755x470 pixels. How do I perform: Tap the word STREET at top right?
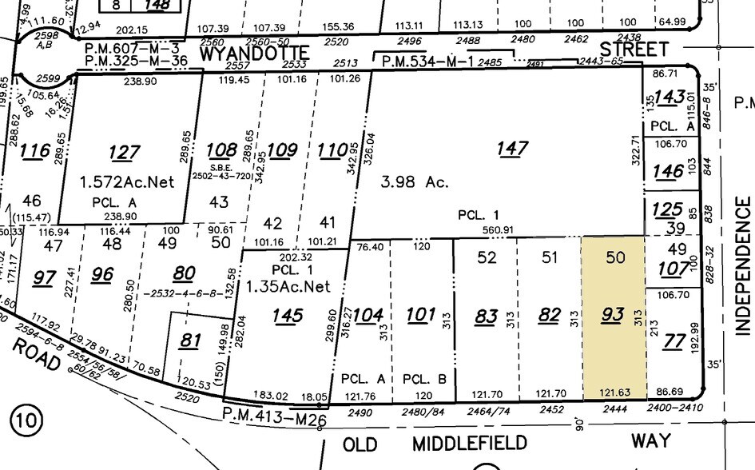coord(633,50)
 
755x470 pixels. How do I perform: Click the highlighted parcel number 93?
coord(612,316)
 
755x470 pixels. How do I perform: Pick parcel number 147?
coord(512,148)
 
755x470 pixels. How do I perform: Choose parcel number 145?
coord(287,316)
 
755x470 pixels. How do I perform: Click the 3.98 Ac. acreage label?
coord(414,182)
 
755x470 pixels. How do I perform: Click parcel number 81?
coord(189,341)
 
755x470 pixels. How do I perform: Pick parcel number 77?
coord(674,342)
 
